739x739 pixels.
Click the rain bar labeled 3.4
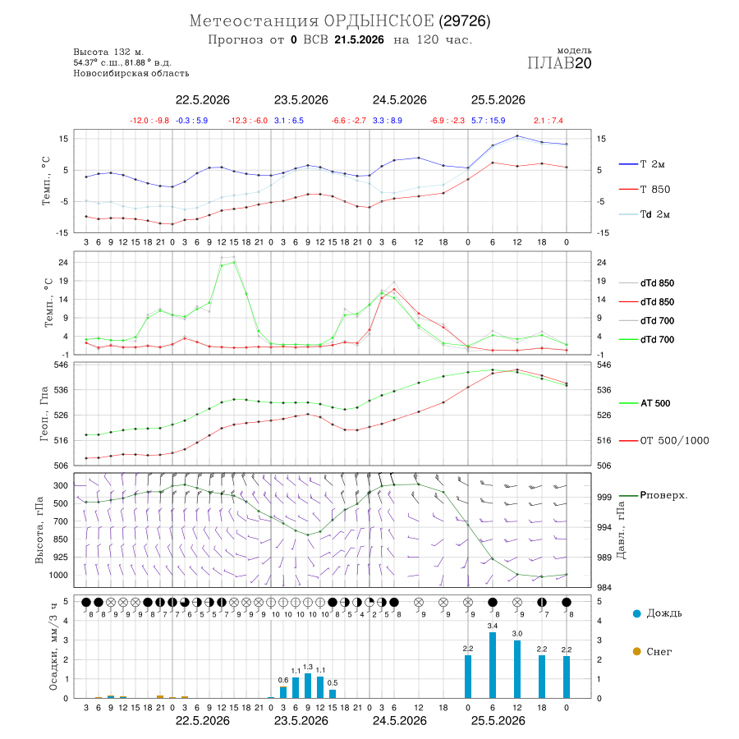coord(493,665)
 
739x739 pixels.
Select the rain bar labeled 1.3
coord(308,686)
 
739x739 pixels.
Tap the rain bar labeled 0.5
coord(333,694)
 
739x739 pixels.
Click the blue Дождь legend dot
coord(636,613)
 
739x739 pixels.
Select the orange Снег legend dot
coord(636,651)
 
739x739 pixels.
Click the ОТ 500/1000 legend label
coord(674,441)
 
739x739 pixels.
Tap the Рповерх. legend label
coord(663,495)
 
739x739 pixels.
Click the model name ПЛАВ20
coord(559,63)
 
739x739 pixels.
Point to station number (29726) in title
coord(465,21)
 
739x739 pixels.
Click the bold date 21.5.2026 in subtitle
coord(359,39)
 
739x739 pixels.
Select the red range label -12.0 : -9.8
coord(149,121)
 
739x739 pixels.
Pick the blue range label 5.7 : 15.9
coord(489,121)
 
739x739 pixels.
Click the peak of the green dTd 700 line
coord(234,262)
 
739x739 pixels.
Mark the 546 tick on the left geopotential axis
coord(62,365)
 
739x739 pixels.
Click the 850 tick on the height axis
coord(60,539)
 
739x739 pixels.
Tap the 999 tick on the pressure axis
coord(604,498)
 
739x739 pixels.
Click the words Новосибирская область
coord(131,73)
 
